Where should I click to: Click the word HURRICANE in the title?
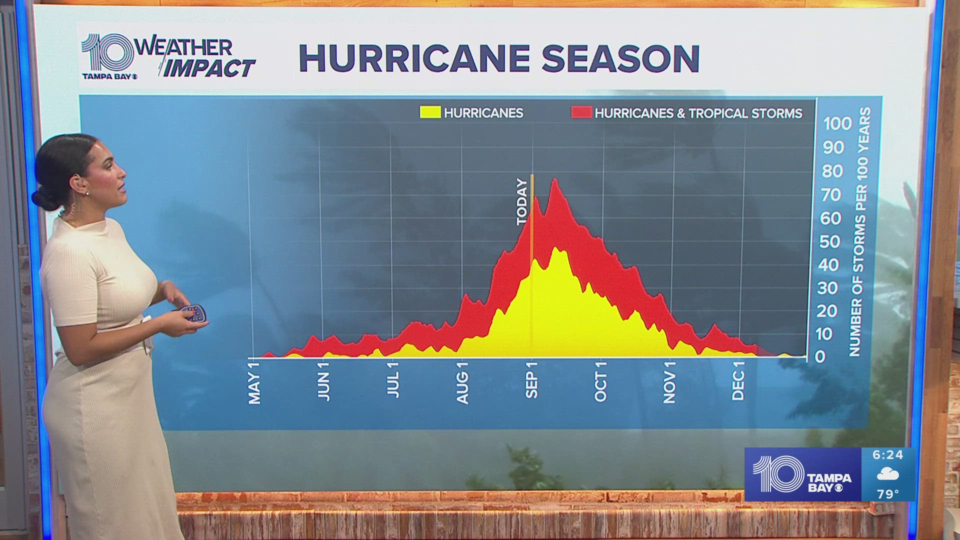click(x=414, y=58)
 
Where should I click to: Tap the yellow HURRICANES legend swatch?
click(x=430, y=112)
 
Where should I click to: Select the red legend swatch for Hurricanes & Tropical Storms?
click(x=581, y=112)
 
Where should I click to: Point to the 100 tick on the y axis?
click(x=837, y=123)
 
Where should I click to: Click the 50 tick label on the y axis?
click(x=830, y=241)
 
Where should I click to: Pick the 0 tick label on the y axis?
click(x=820, y=356)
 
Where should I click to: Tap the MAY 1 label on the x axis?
click(x=254, y=382)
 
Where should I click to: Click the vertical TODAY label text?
click(x=521, y=202)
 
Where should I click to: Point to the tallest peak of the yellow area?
click(x=556, y=248)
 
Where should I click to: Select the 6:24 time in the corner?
click(x=887, y=455)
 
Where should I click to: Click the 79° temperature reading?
click(x=887, y=494)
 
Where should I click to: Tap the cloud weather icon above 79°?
click(x=888, y=474)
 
